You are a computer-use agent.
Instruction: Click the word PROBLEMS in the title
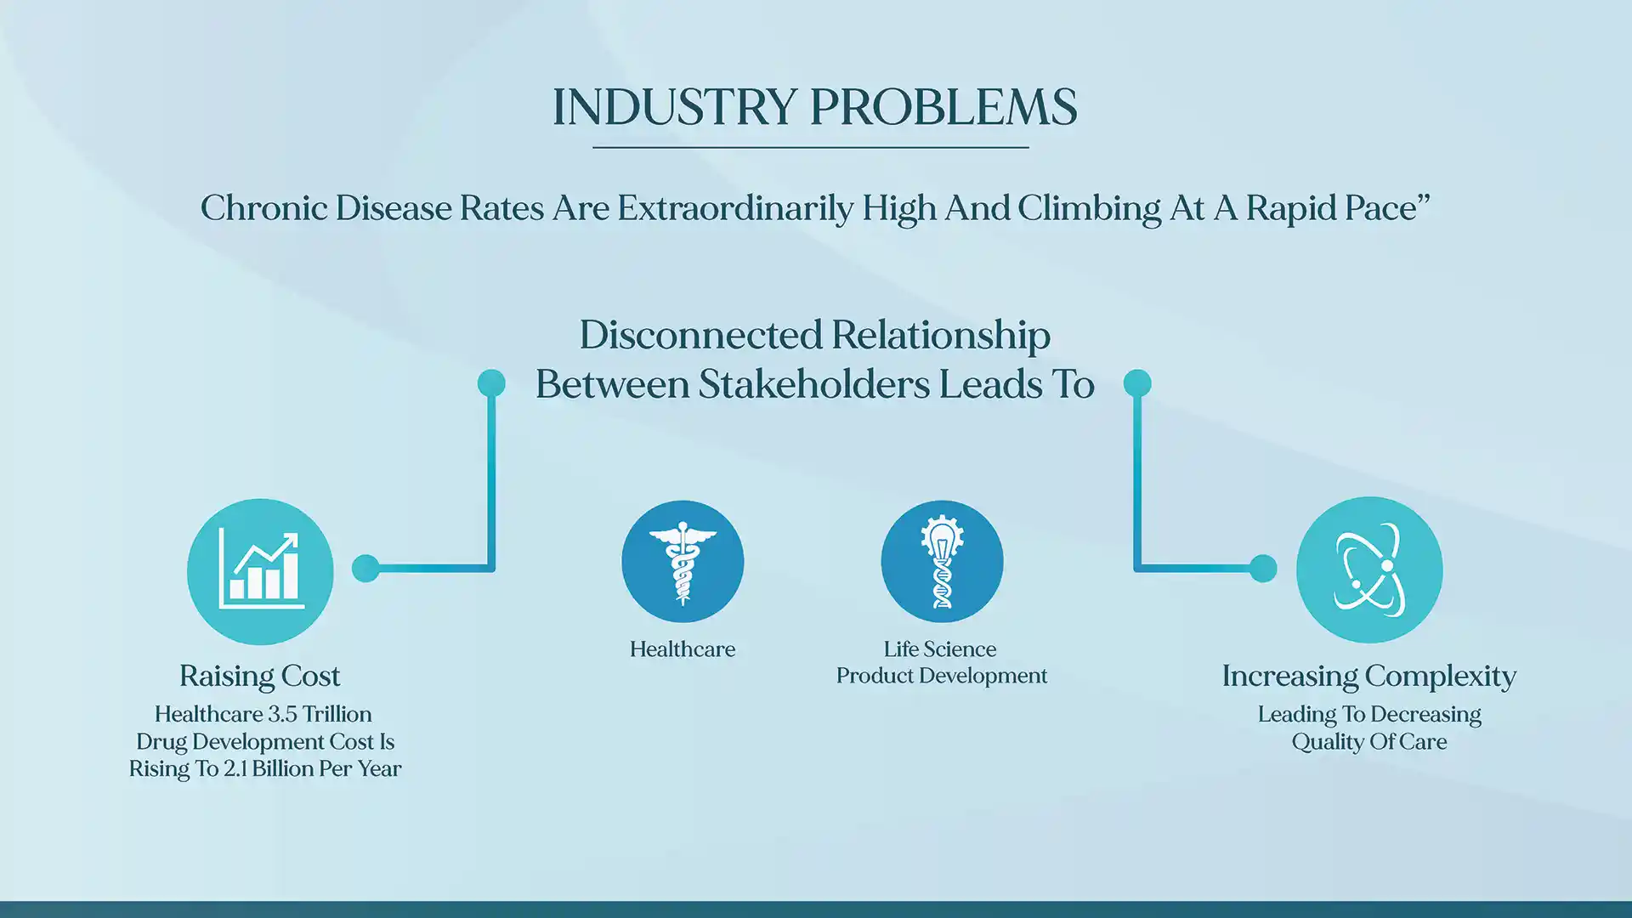pyautogui.click(x=943, y=108)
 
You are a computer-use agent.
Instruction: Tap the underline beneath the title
pyautogui.click(x=810, y=148)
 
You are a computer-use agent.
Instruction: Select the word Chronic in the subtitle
pyautogui.click(x=263, y=208)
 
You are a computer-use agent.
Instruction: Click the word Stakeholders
pyautogui.click(x=813, y=384)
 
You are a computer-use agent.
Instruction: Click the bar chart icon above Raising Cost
pyautogui.click(x=260, y=571)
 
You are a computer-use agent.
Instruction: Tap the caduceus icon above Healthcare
pyautogui.click(x=683, y=562)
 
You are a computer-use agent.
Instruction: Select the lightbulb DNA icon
pyautogui.click(x=942, y=562)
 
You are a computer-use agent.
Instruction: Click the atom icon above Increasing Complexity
pyautogui.click(x=1369, y=569)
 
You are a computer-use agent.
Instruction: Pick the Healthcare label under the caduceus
pyautogui.click(x=683, y=649)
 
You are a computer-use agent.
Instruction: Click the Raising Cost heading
pyautogui.click(x=259, y=677)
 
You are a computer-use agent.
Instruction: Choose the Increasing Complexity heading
pyautogui.click(x=1368, y=677)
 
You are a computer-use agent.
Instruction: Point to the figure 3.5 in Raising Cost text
pyautogui.click(x=283, y=714)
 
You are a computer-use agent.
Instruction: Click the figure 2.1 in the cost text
pyautogui.click(x=235, y=769)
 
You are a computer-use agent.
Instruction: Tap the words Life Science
pyautogui.click(x=939, y=649)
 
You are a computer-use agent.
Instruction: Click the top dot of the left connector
pyautogui.click(x=491, y=383)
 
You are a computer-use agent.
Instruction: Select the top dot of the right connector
pyautogui.click(x=1137, y=383)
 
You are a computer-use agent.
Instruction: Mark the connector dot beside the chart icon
pyautogui.click(x=365, y=568)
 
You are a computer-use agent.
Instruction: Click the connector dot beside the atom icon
pyautogui.click(x=1263, y=568)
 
